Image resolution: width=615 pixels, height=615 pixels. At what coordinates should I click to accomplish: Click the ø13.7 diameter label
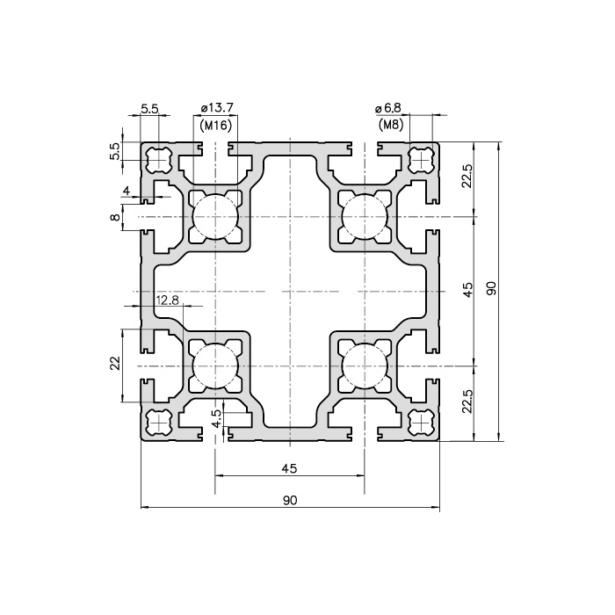tap(217, 107)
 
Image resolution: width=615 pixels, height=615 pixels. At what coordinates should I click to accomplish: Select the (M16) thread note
tap(216, 126)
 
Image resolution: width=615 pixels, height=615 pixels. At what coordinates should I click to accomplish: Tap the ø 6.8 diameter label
tap(388, 107)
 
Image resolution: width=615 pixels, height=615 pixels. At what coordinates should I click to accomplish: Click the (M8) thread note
tap(391, 126)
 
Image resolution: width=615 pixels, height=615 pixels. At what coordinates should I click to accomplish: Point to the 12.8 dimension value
tap(167, 300)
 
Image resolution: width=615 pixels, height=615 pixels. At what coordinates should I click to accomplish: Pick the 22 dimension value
tap(115, 364)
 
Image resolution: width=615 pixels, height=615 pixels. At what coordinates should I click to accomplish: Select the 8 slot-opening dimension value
tap(115, 217)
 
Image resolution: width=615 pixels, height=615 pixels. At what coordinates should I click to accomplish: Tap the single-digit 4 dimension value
tap(127, 191)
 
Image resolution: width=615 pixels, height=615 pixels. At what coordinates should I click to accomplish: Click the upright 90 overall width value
tap(290, 500)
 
